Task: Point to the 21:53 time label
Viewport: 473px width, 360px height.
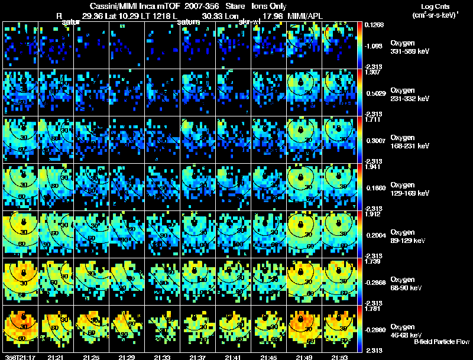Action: coord(339,357)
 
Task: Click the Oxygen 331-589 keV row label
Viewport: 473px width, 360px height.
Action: coord(409,47)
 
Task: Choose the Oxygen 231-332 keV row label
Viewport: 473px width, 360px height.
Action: coord(409,94)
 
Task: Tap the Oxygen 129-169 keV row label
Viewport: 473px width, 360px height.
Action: coord(409,189)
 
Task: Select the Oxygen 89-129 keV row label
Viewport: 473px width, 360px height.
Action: coord(409,236)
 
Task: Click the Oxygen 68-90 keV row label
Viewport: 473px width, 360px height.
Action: coord(409,283)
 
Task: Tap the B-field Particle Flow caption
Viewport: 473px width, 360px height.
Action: coord(441,342)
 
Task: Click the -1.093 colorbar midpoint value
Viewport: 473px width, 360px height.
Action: coord(375,45)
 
